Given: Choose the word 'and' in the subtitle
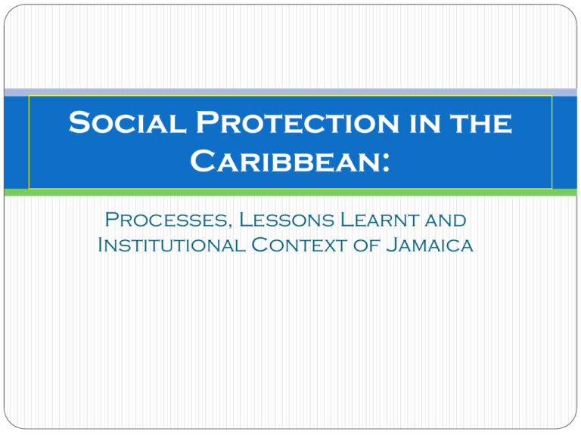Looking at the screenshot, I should pyautogui.click(x=443, y=221).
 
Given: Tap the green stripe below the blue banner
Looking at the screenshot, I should pyautogui.click(x=290, y=193).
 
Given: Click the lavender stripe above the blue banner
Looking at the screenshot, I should pyautogui.click(x=290, y=91).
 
